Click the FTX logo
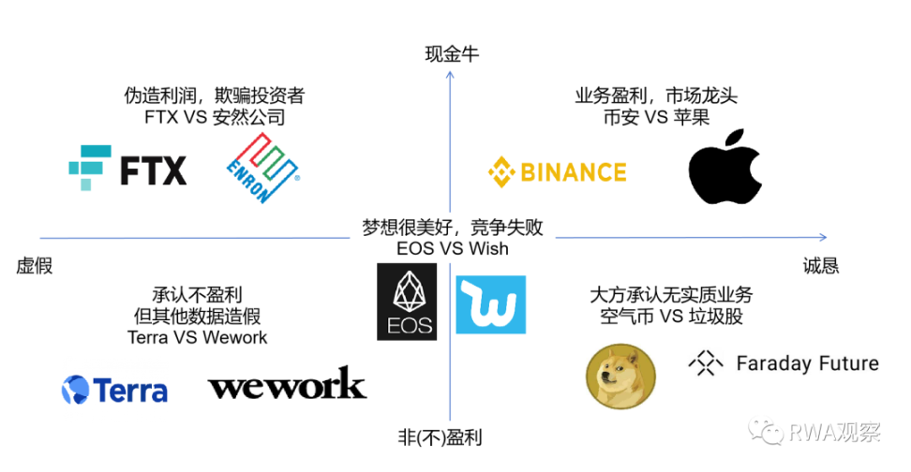point(127,169)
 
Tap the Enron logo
point(263,169)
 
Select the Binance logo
point(557,171)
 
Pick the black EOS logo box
point(407,301)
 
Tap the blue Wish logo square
point(490,304)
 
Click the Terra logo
point(114,390)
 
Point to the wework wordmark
point(287,384)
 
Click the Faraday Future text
point(807,363)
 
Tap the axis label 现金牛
point(452,53)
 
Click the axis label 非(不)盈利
point(452,436)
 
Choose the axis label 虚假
point(35,267)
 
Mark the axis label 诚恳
point(821,266)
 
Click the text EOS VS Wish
point(452,249)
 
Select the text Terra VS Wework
point(197,337)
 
